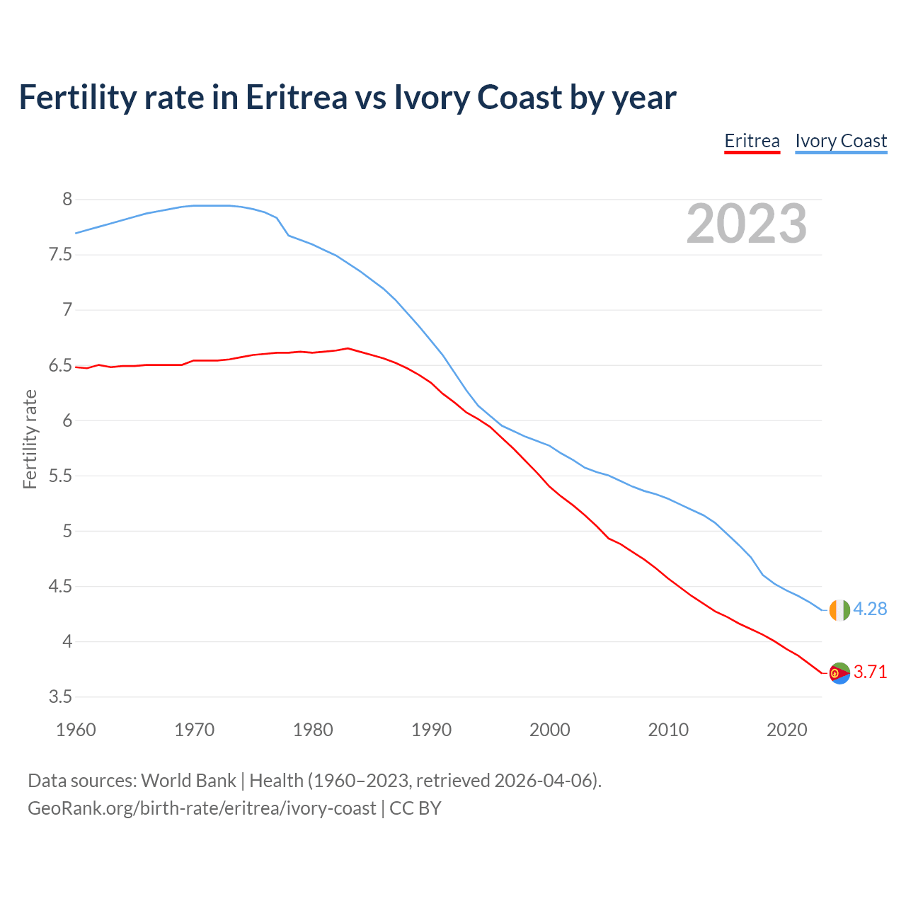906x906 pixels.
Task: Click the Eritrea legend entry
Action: click(752, 142)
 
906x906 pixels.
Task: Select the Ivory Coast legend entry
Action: click(841, 142)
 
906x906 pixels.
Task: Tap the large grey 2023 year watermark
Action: click(747, 224)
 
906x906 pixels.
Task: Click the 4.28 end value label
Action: click(870, 609)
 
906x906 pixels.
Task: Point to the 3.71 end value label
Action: click(870, 672)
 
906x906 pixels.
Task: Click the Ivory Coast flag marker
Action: click(839, 609)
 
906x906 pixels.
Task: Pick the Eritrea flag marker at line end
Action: click(839, 673)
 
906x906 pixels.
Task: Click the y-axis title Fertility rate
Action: click(30, 439)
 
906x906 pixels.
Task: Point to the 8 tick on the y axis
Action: click(67, 200)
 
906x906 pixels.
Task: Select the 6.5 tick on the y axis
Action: click(60, 366)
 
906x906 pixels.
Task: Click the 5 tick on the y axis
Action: click(67, 532)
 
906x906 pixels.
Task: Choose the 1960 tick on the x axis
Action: click(76, 730)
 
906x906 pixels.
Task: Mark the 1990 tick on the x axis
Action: click(431, 730)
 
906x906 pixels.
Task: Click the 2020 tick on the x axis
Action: click(786, 730)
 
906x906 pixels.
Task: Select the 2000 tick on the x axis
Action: click(549, 730)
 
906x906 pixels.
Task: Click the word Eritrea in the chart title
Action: click(297, 98)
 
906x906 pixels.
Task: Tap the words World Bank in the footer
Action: click(188, 781)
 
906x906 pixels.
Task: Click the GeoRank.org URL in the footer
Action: click(202, 808)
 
